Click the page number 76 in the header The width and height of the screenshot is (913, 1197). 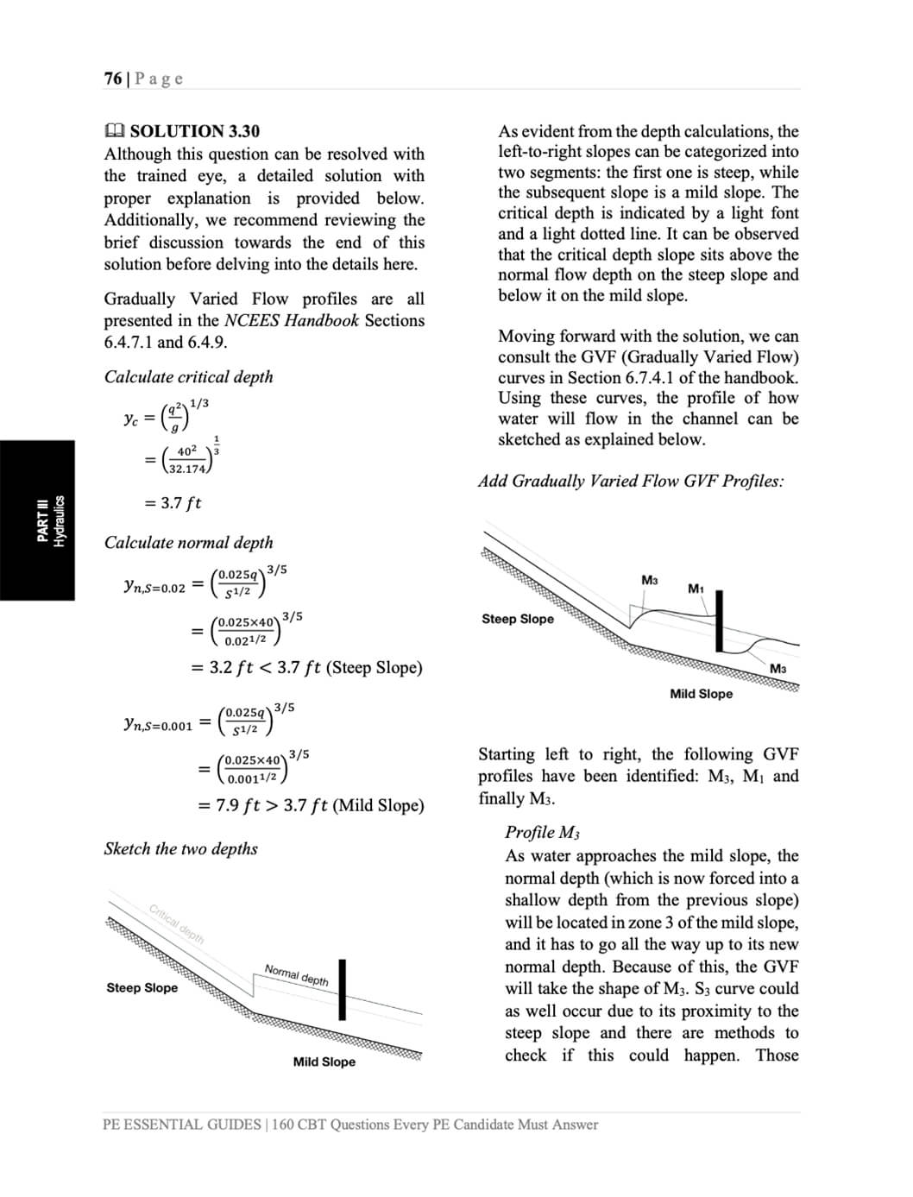[112, 79]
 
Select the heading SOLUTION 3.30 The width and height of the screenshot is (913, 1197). [194, 131]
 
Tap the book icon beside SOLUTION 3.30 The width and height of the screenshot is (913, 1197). [114, 131]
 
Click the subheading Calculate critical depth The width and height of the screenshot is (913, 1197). [188, 377]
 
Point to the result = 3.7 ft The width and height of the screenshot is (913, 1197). [173, 503]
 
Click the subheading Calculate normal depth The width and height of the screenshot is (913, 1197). [188, 543]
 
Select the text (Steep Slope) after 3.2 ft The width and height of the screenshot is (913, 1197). [375, 668]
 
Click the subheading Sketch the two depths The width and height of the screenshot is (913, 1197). [180, 849]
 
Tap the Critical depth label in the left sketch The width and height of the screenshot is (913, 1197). [177, 924]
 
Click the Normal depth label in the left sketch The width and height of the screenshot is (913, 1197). [296, 974]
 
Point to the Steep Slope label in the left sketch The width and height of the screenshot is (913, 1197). [142, 988]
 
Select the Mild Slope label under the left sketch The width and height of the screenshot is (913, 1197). [324, 1062]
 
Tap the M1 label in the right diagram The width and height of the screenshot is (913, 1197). [696, 589]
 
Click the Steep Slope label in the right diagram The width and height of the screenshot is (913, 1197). [517, 620]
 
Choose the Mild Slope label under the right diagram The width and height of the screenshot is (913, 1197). [701, 694]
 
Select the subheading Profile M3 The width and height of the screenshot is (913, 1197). [542, 833]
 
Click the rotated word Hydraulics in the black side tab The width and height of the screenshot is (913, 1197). [60, 520]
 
